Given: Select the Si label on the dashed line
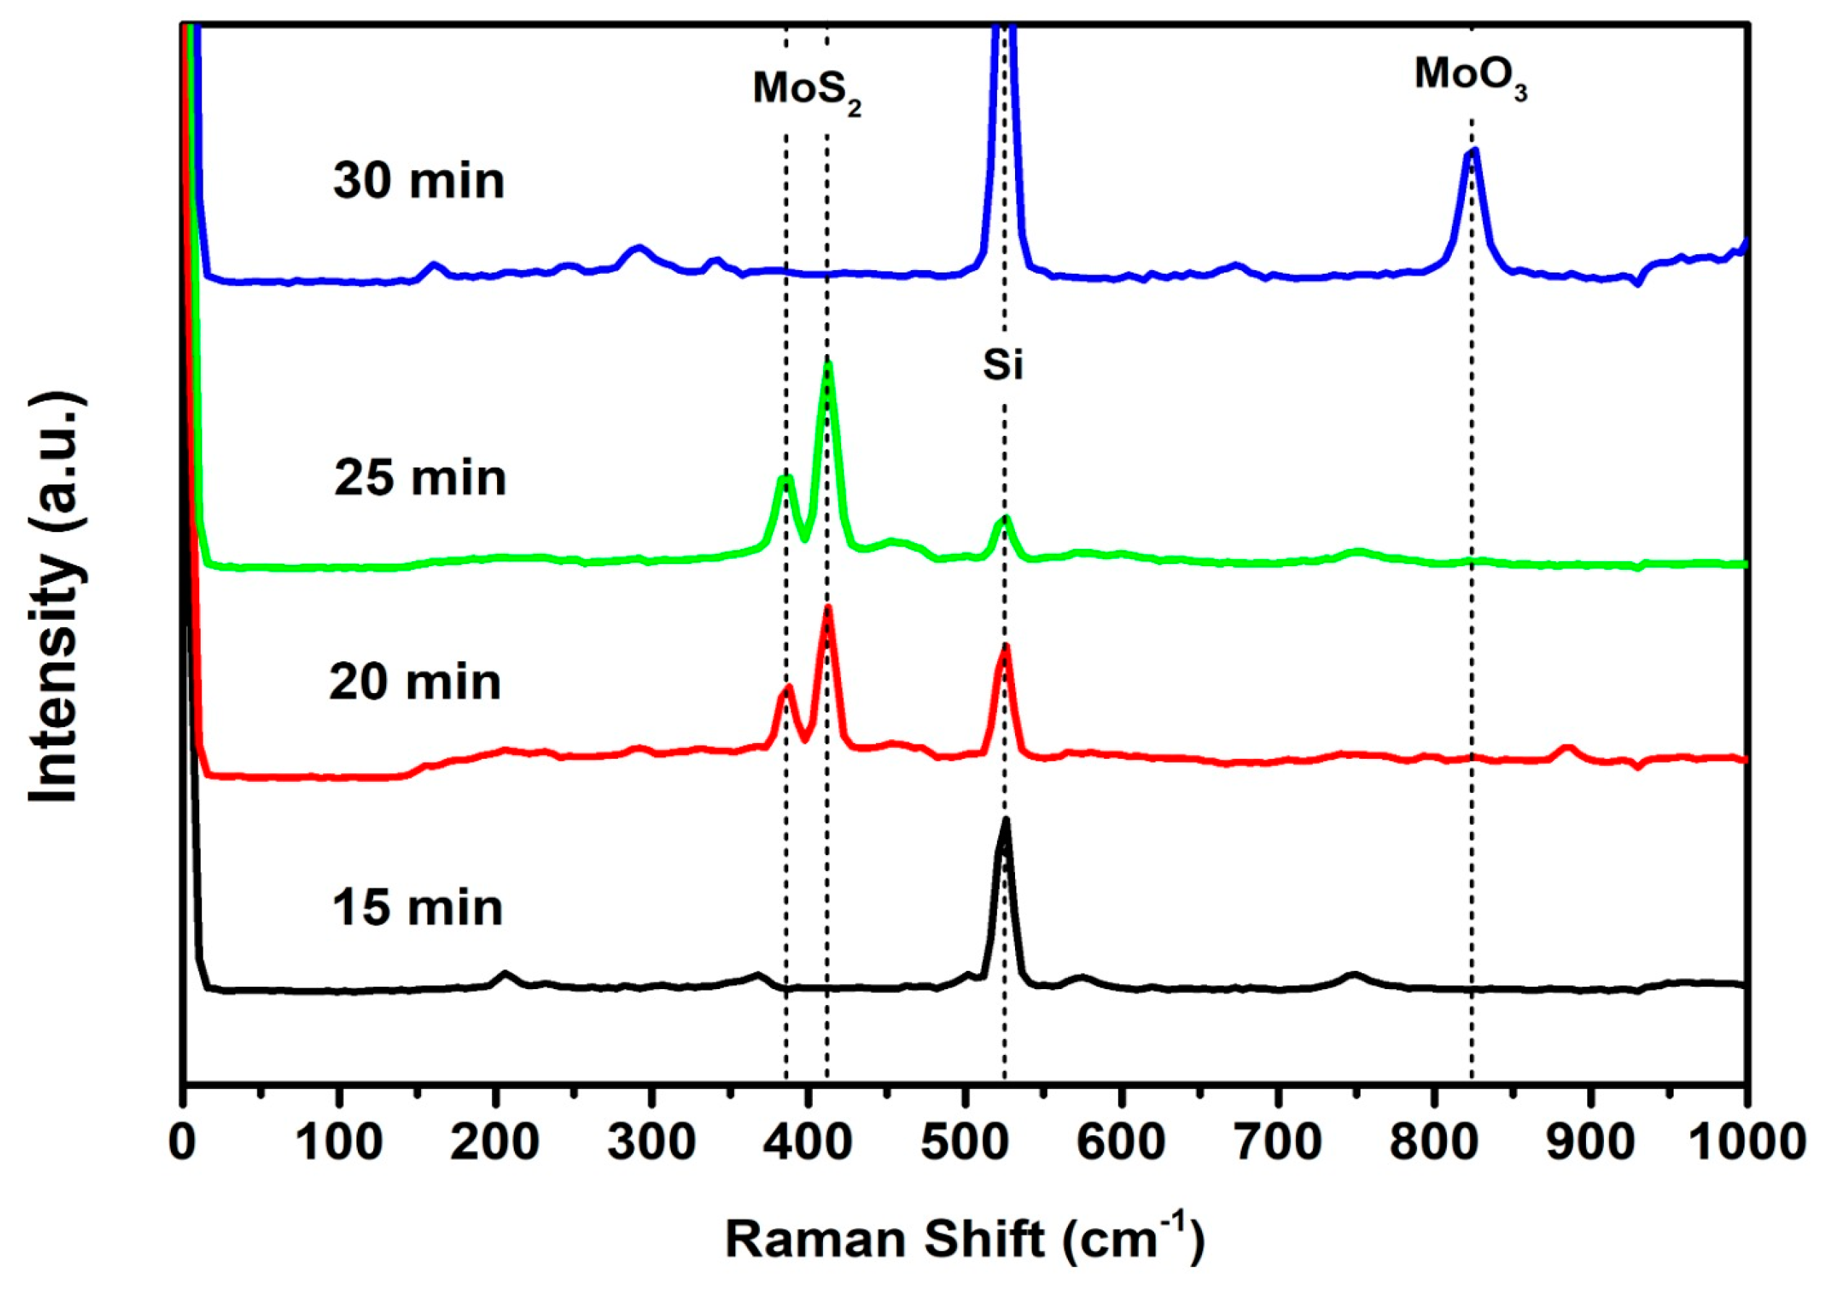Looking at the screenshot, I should tap(1003, 366).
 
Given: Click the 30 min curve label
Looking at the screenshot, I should tap(419, 180).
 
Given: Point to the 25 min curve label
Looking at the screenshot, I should tap(420, 479).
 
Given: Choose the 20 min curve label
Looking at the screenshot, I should tap(415, 682).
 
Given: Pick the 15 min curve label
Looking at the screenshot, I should tap(417, 908).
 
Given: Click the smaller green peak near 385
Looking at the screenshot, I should tap(785, 480).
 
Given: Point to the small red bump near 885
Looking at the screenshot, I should tap(1566, 749).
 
